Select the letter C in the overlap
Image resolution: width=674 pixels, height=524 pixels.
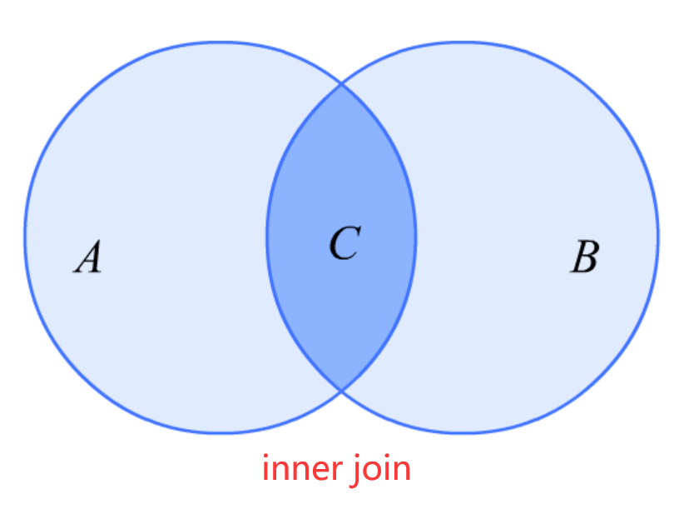pos(344,243)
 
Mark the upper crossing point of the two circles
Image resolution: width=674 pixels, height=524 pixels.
pos(341,84)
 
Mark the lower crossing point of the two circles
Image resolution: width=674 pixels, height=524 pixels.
pos(341,390)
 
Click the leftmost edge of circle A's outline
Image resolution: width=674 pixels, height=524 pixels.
pos(25,237)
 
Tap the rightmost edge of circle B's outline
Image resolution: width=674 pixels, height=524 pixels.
pos(657,237)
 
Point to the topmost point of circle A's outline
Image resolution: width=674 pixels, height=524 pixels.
pos(221,42)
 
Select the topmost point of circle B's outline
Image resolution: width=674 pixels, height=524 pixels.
pos(462,42)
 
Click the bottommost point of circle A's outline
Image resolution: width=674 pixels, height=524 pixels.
pos(221,432)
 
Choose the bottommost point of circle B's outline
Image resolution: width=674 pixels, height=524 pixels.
pos(462,432)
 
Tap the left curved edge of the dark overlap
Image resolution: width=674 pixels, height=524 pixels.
pos(267,237)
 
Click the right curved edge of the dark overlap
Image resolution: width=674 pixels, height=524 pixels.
pos(415,237)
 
